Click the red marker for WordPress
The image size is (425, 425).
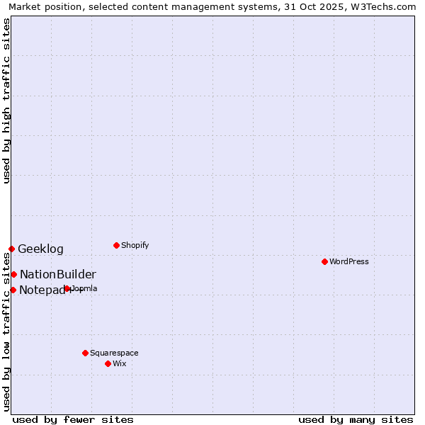(324, 261)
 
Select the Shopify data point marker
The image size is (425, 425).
(116, 245)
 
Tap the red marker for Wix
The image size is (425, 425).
(108, 363)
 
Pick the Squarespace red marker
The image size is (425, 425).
(85, 353)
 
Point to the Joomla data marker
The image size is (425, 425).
(67, 288)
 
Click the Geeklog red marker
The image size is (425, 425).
(11, 249)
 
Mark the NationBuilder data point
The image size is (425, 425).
(13, 274)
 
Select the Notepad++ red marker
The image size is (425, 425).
(13, 290)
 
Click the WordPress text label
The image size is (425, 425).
(349, 261)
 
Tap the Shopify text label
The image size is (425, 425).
(135, 245)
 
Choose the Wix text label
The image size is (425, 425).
(120, 363)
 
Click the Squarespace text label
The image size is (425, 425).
(114, 353)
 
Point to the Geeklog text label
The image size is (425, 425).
(40, 249)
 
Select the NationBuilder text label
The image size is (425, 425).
(58, 274)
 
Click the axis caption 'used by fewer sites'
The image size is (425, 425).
(73, 419)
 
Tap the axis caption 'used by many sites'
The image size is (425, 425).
(356, 419)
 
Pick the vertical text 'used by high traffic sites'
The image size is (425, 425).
(6, 101)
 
